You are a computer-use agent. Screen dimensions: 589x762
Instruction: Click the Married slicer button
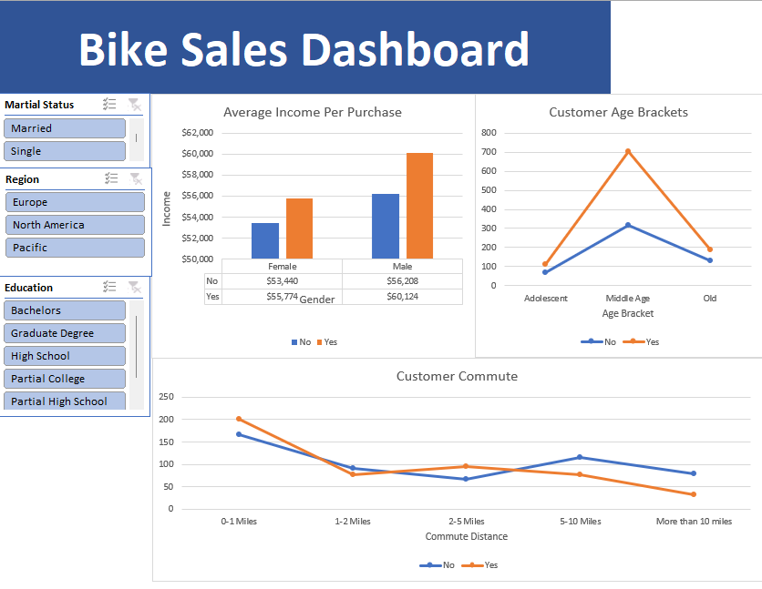pyautogui.click(x=65, y=128)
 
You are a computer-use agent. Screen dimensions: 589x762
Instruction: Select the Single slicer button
pyautogui.click(x=65, y=151)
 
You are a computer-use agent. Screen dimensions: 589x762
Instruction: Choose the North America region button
pyautogui.click(x=75, y=225)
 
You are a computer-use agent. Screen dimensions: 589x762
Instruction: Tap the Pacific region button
pyautogui.click(x=75, y=248)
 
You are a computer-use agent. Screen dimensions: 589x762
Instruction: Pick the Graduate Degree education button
pyautogui.click(x=65, y=333)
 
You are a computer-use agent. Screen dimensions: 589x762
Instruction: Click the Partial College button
pyautogui.click(x=65, y=379)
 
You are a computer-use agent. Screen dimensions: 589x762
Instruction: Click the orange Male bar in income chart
pyautogui.click(x=419, y=206)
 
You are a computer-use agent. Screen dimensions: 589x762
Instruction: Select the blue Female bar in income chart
pyautogui.click(x=265, y=240)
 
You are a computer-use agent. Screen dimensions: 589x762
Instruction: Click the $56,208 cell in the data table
pyautogui.click(x=402, y=281)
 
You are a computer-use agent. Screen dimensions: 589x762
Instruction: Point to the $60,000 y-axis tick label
pyautogui.click(x=197, y=153)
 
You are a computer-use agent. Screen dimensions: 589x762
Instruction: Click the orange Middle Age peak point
pyautogui.click(x=628, y=151)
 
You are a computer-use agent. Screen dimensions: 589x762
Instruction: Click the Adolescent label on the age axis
pyautogui.click(x=546, y=299)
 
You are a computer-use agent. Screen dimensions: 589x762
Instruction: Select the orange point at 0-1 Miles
pyautogui.click(x=239, y=419)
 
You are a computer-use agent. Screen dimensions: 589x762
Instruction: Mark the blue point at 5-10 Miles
pyautogui.click(x=580, y=457)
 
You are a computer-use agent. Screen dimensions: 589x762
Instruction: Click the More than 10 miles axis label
pyautogui.click(x=694, y=522)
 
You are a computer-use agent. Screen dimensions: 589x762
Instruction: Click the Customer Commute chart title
pyautogui.click(x=457, y=376)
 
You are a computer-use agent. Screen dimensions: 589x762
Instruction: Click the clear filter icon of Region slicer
pyautogui.click(x=135, y=178)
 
